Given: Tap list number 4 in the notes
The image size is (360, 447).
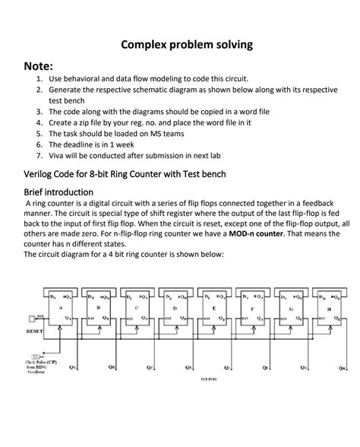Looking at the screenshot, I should tap(39, 122).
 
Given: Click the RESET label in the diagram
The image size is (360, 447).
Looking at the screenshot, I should tap(34, 332).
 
